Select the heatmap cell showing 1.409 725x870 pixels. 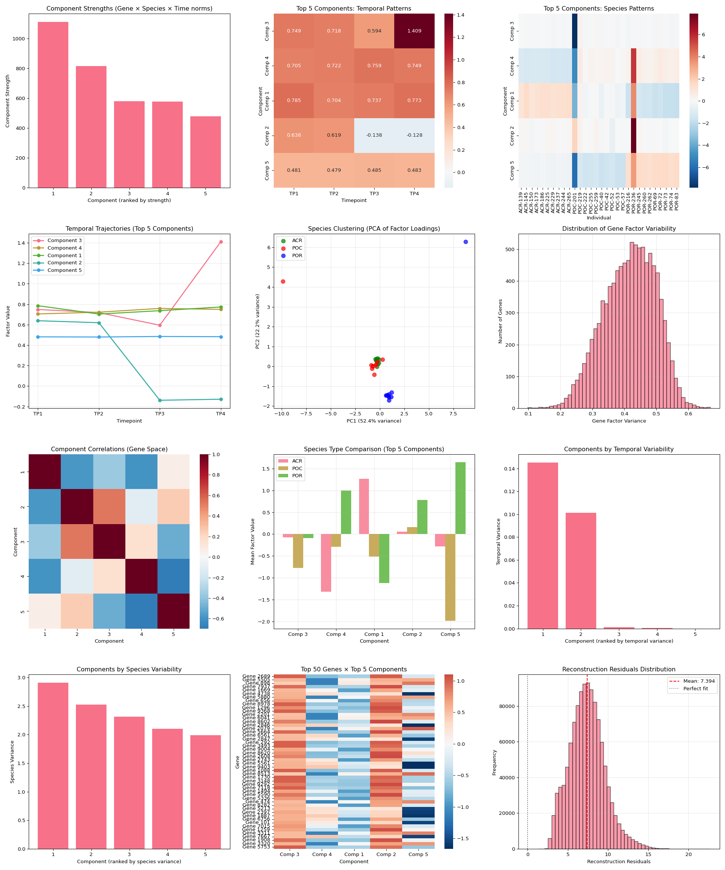coord(414,31)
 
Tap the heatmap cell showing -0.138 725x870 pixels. coord(374,136)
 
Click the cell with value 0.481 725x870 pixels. coord(294,170)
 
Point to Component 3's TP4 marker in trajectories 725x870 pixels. coord(221,242)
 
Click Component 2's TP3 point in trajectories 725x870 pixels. coord(160,400)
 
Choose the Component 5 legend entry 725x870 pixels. coord(64,270)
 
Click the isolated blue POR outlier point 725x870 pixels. coord(466,242)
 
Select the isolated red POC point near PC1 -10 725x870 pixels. coord(283,282)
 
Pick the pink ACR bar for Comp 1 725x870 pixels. coord(364,506)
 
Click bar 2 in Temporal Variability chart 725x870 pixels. coord(581,571)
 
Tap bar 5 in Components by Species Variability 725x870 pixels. coord(205,792)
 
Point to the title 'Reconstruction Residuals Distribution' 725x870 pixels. coord(619,669)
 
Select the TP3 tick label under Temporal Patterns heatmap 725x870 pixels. coord(374,194)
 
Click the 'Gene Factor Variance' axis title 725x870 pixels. coord(619,421)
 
